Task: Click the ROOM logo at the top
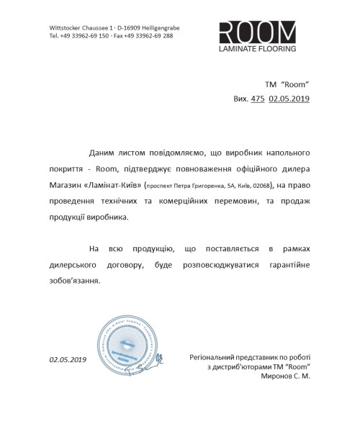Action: click(x=257, y=32)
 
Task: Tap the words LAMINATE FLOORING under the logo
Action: click(x=257, y=50)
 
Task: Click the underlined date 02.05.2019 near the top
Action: click(x=289, y=99)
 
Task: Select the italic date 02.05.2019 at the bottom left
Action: click(x=68, y=359)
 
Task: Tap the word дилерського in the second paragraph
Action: click(x=71, y=265)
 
